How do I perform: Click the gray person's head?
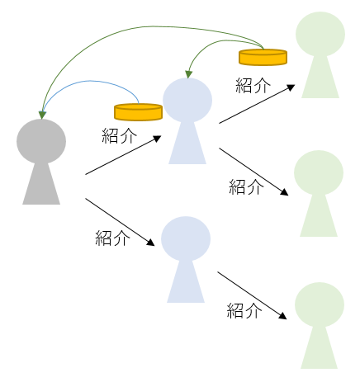click(41, 141)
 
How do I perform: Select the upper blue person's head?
click(187, 100)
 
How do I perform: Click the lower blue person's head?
click(186, 239)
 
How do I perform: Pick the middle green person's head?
click(319, 172)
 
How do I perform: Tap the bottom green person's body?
click(319, 347)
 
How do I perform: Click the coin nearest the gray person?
click(138, 111)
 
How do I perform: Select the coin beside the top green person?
click(263, 56)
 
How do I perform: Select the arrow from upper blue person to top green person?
click(256, 104)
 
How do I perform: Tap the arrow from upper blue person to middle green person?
click(253, 171)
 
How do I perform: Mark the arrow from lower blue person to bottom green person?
click(253, 295)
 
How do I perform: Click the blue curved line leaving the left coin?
click(91, 83)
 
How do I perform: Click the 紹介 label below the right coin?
click(253, 85)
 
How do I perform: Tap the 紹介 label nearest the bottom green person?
click(244, 311)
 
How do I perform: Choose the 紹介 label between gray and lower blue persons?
click(112, 238)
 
